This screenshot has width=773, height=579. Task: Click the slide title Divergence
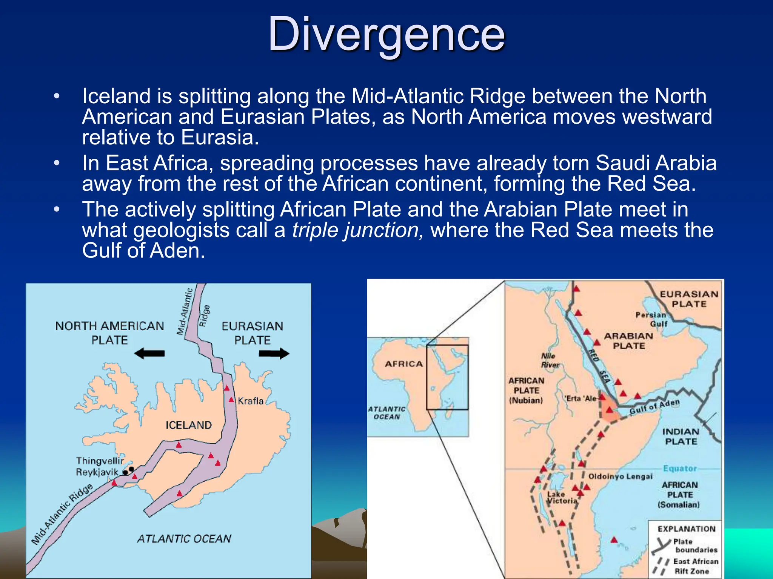386,35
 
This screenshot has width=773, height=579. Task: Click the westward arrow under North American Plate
149,353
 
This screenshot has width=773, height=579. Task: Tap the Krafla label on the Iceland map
250,401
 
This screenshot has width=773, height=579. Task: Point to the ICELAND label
188,425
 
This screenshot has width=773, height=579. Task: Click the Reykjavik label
97,472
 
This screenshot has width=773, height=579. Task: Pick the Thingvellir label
100,461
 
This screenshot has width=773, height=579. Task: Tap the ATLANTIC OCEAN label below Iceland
184,539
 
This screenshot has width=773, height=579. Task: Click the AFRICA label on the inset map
403,364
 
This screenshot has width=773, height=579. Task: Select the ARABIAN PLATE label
628,341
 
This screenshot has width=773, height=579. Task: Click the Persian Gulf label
651,319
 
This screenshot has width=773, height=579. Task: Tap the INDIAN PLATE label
681,437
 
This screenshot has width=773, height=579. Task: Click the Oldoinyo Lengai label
620,476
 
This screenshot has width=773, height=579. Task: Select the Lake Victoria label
562,498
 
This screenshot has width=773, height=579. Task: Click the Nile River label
550,360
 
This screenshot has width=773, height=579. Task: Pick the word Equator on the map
680,468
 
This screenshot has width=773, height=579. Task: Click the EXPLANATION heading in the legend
686,529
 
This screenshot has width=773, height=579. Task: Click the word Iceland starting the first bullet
116,96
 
